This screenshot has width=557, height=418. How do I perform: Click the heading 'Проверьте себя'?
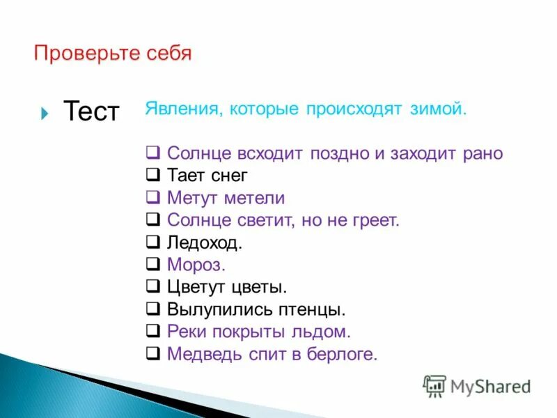pos(112,54)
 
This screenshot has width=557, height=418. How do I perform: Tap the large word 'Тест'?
pos(91,111)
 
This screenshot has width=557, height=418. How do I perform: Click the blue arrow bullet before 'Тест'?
pos(45,112)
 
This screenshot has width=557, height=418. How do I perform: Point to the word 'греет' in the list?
pos(375,221)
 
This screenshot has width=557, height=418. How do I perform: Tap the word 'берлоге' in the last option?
pos(342,355)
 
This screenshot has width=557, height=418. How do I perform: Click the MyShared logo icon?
pos(434,385)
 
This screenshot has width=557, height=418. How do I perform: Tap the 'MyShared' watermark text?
pos(490,386)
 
